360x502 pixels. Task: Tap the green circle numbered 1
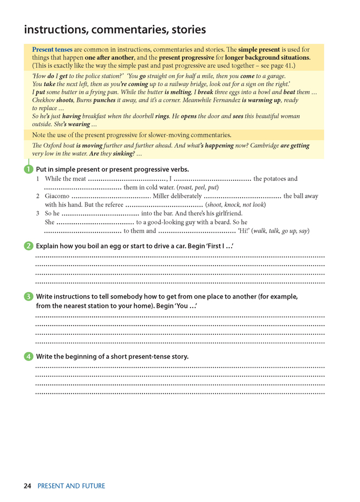(x=28, y=169)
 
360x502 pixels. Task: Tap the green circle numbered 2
(x=28, y=246)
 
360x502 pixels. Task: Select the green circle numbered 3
(x=28, y=296)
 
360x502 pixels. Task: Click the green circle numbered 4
(x=28, y=356)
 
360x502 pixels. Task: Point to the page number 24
(x=28, y=486)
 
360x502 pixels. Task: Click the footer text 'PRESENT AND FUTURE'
(x=71, y=486)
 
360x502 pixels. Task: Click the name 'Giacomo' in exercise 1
(x=57, y=196)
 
